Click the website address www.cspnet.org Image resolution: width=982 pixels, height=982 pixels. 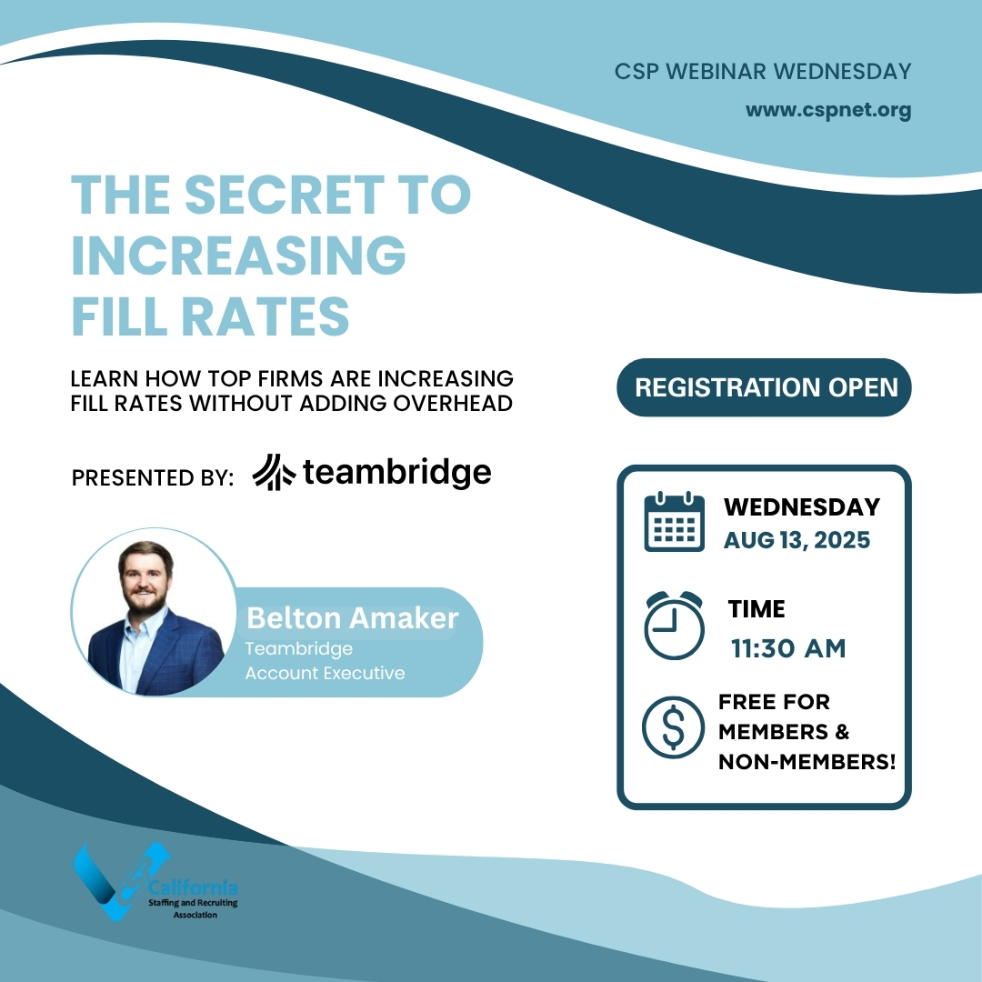pos(828,110)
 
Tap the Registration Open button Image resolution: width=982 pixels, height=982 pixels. pos(764,387)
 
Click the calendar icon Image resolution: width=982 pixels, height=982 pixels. pos(675,522)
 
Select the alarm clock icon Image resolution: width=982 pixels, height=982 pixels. pos(675,625)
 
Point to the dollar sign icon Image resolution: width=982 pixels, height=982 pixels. pos(673,727)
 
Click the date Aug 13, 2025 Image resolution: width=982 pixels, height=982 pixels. pos(797,540)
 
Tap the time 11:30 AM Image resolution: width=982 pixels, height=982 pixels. pos(788,648)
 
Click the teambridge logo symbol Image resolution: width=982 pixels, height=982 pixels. pos(274,472)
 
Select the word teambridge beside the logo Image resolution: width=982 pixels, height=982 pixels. pos(397,472)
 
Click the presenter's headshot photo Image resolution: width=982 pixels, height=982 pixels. pos(155,612)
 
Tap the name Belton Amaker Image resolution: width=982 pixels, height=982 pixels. pos(353,618)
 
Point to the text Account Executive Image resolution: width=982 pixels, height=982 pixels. pos(325,673)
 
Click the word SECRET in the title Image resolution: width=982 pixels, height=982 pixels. pos(284,195)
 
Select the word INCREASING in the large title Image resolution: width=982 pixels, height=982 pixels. pos(239,255)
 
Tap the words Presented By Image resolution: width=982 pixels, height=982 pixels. pos(153,478)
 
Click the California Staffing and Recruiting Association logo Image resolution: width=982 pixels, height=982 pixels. pos(155,882)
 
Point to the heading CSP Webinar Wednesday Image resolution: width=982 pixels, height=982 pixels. pos(763,72)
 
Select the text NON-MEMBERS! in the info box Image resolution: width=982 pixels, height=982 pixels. pos(807,762)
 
